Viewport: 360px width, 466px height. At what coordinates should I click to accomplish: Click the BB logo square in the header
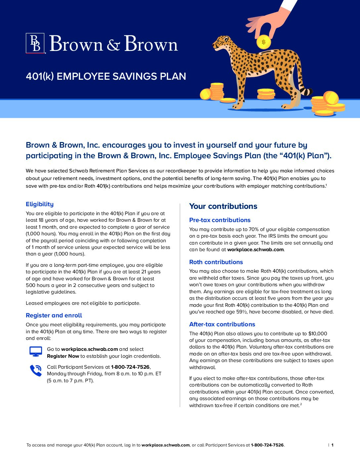point(35,43)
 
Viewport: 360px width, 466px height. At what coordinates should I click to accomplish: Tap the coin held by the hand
point(263,42)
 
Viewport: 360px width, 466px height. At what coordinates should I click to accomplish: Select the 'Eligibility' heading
point(40,204)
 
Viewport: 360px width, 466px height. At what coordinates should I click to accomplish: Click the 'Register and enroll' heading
point(54,315)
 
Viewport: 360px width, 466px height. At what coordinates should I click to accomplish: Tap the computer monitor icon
point(36,351)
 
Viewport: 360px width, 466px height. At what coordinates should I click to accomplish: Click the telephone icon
point(36,370)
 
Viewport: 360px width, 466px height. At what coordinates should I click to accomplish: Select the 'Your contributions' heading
point(223,206)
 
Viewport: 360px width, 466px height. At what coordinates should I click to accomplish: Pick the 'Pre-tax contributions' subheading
point(220,220)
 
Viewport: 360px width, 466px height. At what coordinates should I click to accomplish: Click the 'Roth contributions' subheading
point(216,262)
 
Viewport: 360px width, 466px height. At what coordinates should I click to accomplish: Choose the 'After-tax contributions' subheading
point(222,324)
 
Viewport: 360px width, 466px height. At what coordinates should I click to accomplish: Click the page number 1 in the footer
point(332,445)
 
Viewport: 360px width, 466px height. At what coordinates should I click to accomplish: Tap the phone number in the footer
point(267,445)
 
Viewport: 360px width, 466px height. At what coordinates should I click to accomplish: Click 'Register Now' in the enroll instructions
point(63,356)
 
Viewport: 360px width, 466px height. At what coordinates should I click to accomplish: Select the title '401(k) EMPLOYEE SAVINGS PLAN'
point(106,76)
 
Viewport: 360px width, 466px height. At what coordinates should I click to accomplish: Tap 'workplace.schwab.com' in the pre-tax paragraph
point(255,250)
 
